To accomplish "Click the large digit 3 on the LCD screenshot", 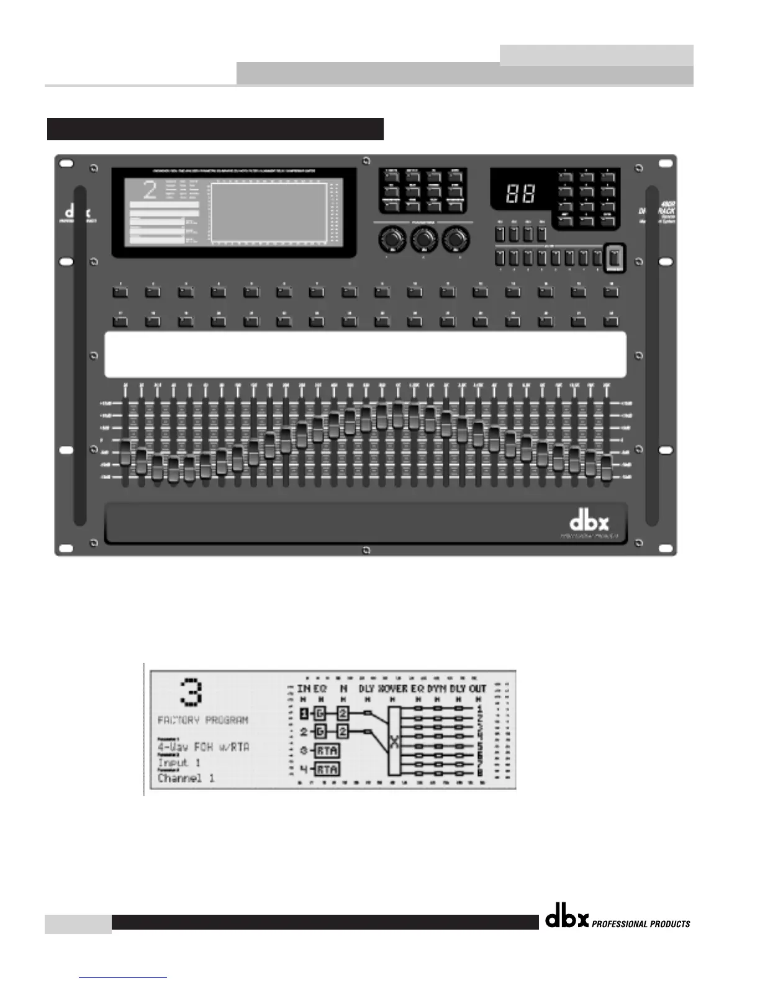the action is point(189,693).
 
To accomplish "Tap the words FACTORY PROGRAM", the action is point(203,720).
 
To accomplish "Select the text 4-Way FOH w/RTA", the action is point(204,747).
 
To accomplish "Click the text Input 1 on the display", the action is point(179,763).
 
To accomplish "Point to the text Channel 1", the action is point(186,778).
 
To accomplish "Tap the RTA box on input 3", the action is point(327,750).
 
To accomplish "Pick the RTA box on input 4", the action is point(327,770).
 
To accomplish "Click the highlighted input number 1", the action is point(304,713).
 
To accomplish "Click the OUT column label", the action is point(477,689).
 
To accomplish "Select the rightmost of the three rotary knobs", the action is point(456,239).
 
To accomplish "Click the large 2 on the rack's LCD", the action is point(150,190).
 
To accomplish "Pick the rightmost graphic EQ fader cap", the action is point(607,469).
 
